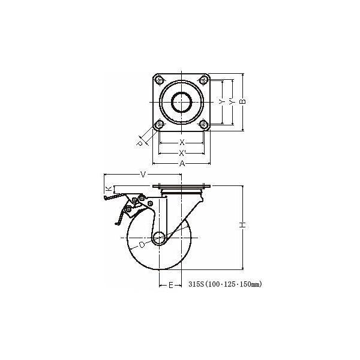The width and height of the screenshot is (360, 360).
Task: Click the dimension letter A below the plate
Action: (x=182, y=163)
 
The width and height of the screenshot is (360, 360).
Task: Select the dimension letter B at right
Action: (x=243, y=101)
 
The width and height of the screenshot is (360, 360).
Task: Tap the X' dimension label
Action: (x=182, y=152)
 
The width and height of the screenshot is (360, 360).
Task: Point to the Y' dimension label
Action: (x=232, y=102)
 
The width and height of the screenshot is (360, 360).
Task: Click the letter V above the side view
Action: (x=143, y=175)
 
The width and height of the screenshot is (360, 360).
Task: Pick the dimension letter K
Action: (x=109, y=188)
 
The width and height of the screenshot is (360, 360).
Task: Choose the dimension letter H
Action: (x=243, y=225)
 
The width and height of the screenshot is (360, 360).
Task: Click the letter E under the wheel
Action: (x=170, y=285)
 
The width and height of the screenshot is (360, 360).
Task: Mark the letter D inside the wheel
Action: (x=142, y=245)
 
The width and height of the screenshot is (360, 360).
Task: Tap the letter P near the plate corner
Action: (x=139, y=143)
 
